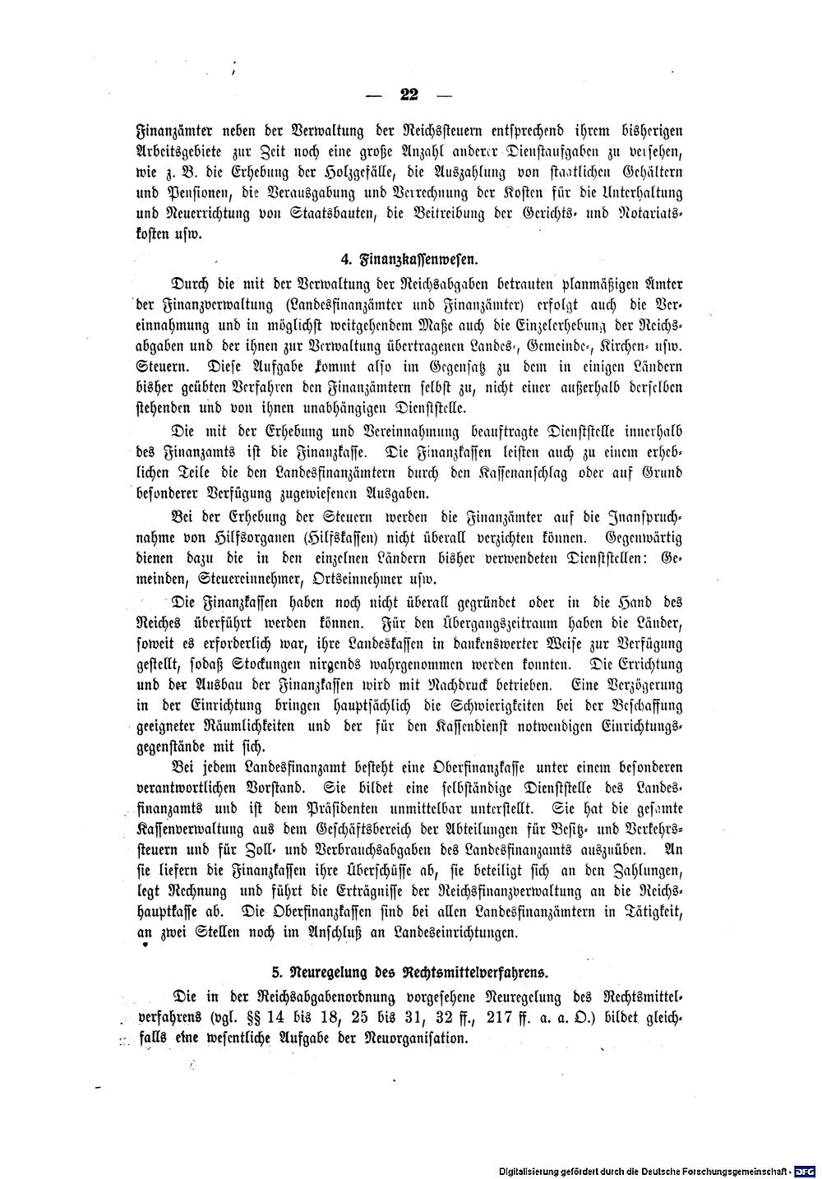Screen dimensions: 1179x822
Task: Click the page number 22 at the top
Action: point(409,95)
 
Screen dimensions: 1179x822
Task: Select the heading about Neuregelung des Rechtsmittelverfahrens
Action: point(409,973)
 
